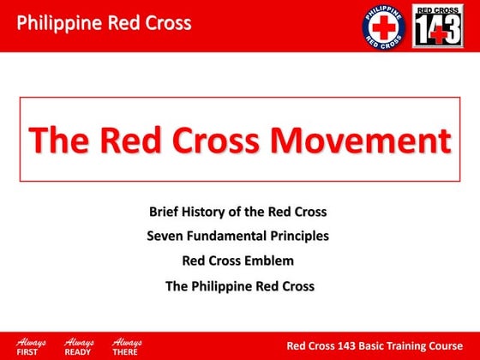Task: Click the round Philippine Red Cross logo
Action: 383,26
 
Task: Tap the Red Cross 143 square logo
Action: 438,26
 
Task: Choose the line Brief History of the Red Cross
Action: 238,211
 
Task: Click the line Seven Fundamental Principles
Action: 238,236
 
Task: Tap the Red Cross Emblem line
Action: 238,261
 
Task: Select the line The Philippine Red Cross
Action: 239,285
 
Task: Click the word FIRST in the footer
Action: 28,352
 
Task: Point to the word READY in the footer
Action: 77,352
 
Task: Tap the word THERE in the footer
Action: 125,352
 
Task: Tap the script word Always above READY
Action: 78,341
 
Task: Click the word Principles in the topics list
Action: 297,236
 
